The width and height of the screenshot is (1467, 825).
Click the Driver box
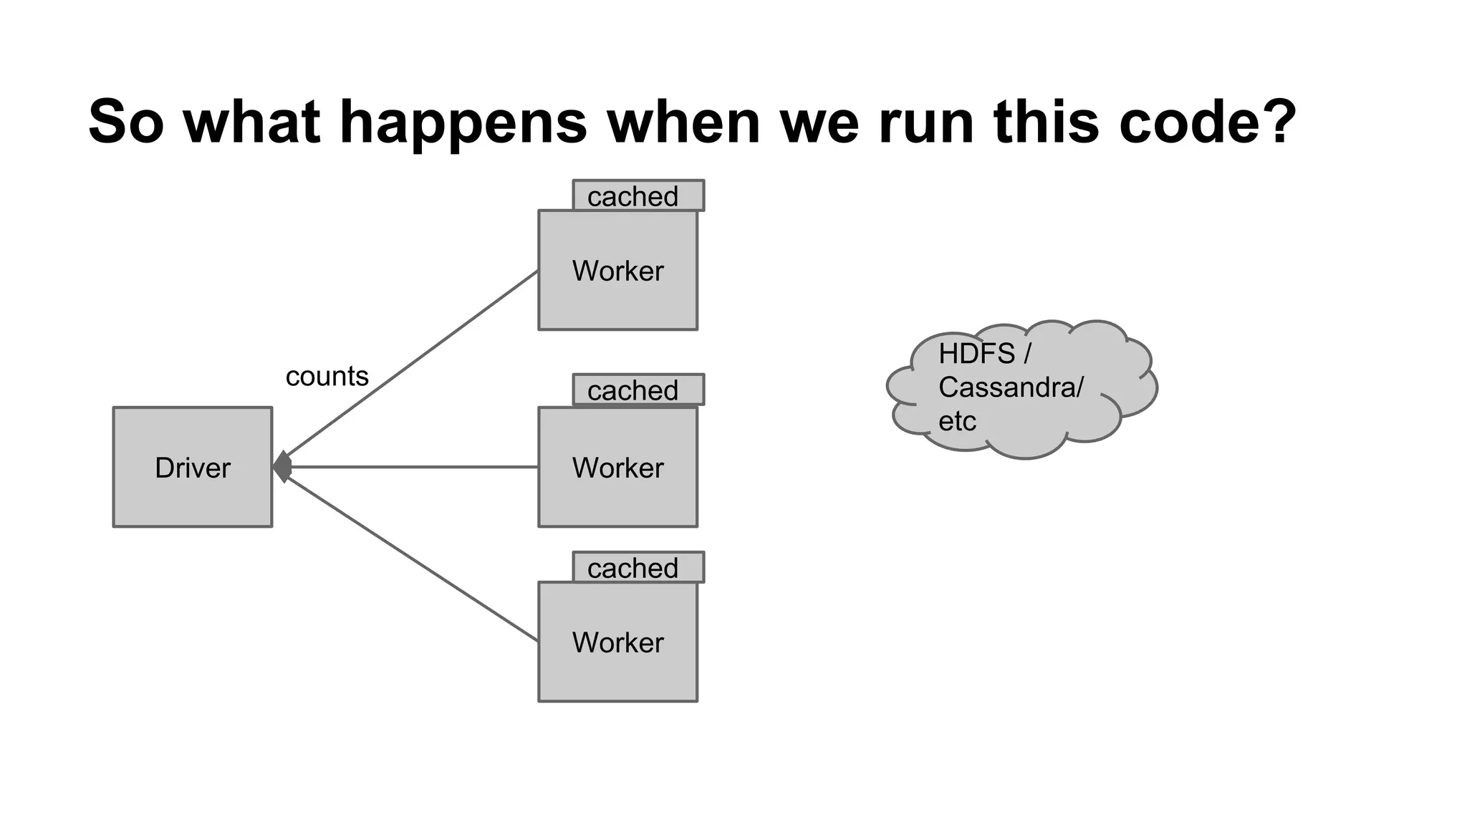tap(192, 467)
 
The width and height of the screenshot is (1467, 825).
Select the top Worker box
tap(617, 270)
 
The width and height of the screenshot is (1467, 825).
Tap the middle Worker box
tap(617, 467)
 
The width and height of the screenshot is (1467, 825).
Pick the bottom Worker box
tap(617, 642)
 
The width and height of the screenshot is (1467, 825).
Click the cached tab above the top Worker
tap(638, 196)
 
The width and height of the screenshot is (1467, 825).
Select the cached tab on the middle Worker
tap(638, 390)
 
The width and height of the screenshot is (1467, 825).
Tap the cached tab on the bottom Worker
tap(638, 567)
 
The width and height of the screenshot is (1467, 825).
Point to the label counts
tap(327, 376)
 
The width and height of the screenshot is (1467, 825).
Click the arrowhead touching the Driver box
tap(283, 467)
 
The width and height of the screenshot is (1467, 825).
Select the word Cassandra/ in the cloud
tap(1011, 387)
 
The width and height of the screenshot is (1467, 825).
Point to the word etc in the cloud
tap(957, 421)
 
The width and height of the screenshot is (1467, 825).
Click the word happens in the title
tap(463, 122)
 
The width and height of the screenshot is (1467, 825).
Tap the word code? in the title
tap(1208, 122)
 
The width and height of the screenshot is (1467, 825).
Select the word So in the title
tap(126, 122)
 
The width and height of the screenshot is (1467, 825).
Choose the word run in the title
tap(926, 122)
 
